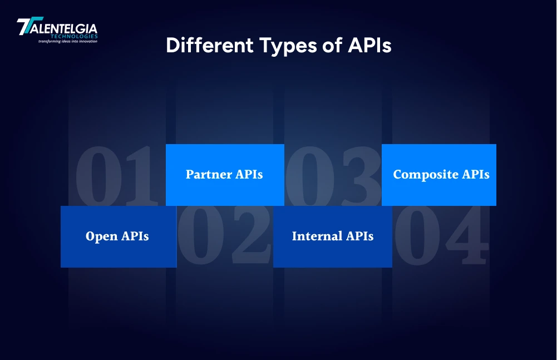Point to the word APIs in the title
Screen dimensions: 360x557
click(369, 46)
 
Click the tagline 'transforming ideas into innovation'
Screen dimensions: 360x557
click(67, 42)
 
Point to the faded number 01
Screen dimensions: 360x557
click(114, 175)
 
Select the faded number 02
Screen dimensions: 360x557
click(224, 236)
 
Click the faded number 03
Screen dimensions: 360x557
click(333, 175)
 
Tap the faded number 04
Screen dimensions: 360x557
click(441, 236)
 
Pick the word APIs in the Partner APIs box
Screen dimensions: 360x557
click(248, 175)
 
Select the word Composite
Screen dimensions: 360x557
click(426, 175)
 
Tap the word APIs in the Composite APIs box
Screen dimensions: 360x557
click(476, 175)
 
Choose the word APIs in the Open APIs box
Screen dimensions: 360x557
click(134, 236)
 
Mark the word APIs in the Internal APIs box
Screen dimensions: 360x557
click(359, 236)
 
